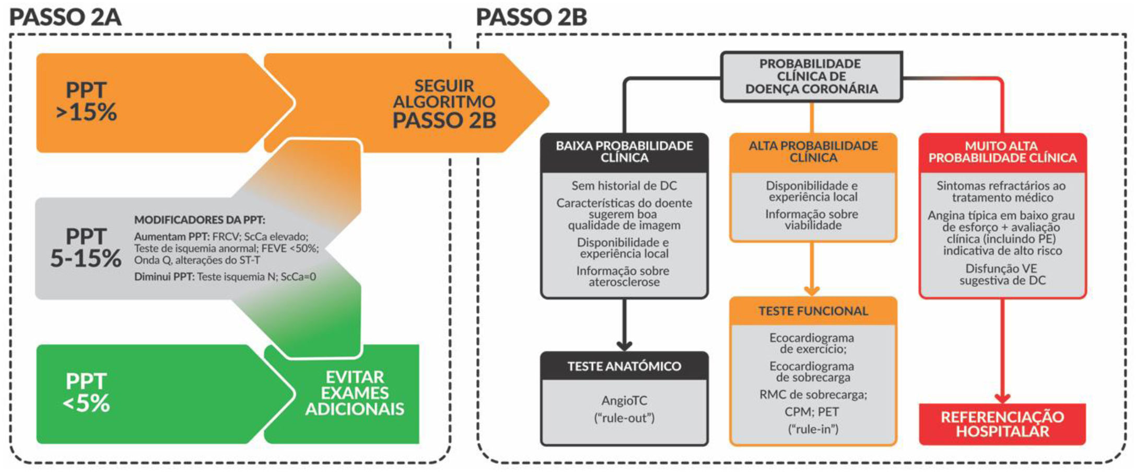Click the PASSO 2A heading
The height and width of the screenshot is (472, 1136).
[65, 17]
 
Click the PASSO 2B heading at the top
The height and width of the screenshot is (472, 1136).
[531, 17]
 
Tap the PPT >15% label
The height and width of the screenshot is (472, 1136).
[86, 101]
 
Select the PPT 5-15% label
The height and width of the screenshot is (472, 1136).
[86, 248]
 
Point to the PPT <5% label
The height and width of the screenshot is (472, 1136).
[86, 393]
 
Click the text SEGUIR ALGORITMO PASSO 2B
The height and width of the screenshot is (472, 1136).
[443, 103]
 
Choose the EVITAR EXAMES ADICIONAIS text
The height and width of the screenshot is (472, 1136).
[355, 393]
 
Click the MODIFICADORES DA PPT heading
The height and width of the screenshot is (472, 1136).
[200, 220]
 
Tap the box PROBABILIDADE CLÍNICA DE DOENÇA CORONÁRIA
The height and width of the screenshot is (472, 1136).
[811, 76]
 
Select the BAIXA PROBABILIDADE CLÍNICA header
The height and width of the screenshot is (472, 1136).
[624, 152]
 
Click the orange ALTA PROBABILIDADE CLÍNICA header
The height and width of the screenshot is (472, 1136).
[813, 152]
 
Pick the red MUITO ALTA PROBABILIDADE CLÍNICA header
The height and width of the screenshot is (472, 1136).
[1002, 152]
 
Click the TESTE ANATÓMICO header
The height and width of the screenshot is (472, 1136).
[624, 366]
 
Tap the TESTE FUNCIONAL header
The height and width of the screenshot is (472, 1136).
[813, 311]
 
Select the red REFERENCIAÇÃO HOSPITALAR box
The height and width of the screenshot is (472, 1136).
[1002, 424]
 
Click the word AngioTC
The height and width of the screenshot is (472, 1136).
[624, 400]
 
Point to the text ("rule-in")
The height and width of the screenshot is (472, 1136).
[813, 429]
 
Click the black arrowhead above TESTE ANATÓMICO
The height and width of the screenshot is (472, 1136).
[624, 345]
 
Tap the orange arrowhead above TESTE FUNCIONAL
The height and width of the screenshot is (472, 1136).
[811, 290]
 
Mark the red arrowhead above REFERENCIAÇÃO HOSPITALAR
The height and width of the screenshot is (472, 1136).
[1002, 398]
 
